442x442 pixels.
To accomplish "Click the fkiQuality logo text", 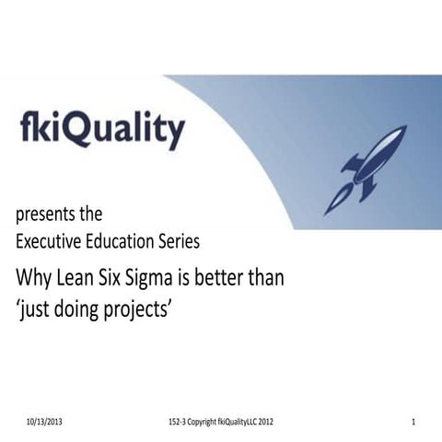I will click(x=102, y=130).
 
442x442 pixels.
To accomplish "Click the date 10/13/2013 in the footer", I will click(x=45, y=421).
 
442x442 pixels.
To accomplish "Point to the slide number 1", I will click(x=414, y=421).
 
